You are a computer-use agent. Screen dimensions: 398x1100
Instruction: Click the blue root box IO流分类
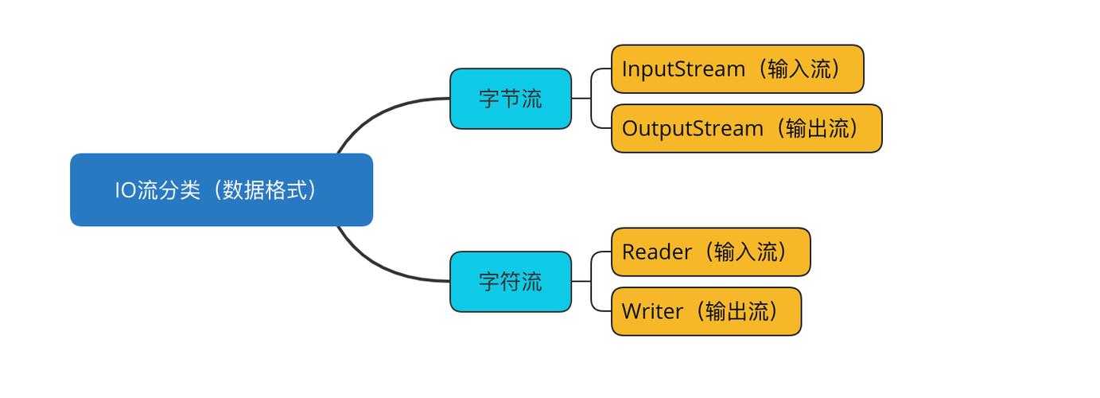tap(221, 190)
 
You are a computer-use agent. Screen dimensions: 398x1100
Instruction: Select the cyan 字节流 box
tap(510, 99)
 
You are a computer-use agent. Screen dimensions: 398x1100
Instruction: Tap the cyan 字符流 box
tap(510, 282)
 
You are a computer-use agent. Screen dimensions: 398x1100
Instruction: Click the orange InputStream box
tap(737, 69)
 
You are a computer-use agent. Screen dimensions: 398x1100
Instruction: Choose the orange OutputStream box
tap(746, 128)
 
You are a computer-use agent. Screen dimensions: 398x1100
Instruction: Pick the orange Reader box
tap(710, 252)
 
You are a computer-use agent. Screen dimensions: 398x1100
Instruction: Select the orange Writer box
tap(705, 311)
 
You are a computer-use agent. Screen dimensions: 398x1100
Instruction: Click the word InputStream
tap(682, 69)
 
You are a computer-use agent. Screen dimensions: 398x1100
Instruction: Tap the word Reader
tap(657, 252)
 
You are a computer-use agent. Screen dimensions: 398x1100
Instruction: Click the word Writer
tap(652, 311)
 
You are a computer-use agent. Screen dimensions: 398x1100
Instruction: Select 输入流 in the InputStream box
tap(800, 69)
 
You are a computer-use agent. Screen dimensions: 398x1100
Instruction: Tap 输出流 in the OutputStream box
tap(818, 128)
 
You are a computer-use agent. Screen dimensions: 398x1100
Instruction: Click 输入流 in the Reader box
tap(746, 252)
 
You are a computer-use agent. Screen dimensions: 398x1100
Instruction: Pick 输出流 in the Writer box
tap(737, 311)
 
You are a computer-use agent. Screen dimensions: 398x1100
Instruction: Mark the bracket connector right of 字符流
tap(592, 282)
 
